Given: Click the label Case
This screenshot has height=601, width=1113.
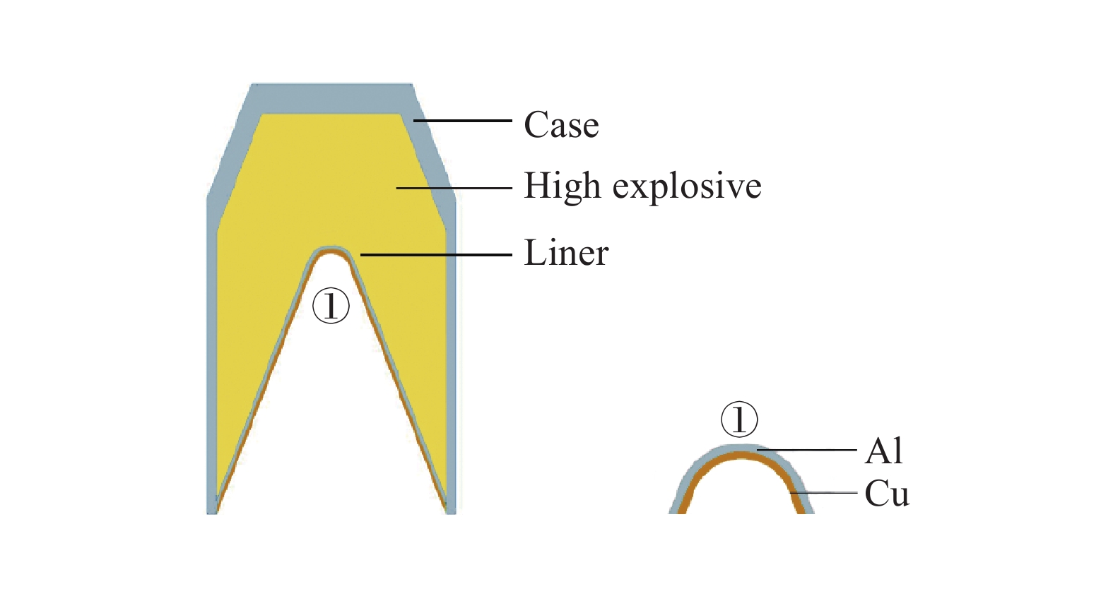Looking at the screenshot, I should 561,125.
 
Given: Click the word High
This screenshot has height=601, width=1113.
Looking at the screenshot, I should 563,186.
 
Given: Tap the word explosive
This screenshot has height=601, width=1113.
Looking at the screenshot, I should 687,187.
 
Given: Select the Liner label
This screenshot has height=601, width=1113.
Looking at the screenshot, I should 566,253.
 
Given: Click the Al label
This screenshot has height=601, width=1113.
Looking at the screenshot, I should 884,451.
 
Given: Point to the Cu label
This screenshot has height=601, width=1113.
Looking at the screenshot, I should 887,494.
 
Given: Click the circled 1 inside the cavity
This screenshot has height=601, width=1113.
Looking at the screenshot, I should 331,306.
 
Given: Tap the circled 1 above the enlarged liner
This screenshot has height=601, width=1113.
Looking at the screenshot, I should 739,419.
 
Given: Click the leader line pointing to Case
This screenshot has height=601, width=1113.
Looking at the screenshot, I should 463,121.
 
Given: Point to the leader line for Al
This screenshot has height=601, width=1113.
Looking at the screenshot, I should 806,449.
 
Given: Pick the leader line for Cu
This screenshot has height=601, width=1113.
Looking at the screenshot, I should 824,493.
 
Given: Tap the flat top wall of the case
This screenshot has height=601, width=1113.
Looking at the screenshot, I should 331,97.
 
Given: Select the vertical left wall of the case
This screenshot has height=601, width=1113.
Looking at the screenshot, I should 211,353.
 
